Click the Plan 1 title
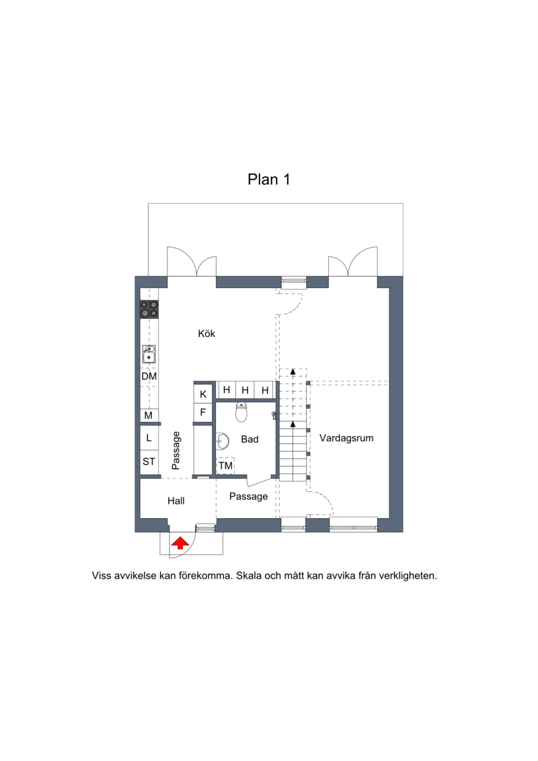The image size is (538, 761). (269, 180)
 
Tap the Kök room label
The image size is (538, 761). (206, 334)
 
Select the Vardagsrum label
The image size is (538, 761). (346, 438)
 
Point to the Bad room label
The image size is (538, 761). (249, 439)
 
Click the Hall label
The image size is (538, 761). (176, 501)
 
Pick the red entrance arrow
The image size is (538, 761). (180, 542)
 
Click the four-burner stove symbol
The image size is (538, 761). (149, 309)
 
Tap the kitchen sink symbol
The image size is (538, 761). (149, 355)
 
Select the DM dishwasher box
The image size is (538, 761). (149, 376)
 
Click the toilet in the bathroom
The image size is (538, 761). (241, 412)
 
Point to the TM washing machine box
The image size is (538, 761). (225, 466)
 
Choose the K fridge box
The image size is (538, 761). (203, 394)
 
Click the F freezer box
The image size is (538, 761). (203, 412)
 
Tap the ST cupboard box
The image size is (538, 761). (149, 462)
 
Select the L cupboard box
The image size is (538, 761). (149, 438)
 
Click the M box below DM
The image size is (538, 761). (149, 415)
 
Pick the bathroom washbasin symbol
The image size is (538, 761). (223, 441)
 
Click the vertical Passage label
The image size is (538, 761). (176, 451)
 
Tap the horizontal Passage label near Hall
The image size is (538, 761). (248, 497)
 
